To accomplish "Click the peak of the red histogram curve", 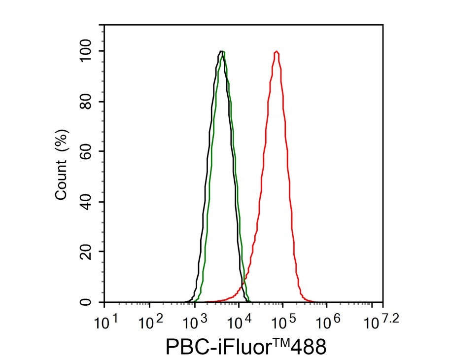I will pos(277,52).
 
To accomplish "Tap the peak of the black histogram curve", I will pos(220,52).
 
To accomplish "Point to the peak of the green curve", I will pos(224,52).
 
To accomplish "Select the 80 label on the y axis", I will pos(90,102).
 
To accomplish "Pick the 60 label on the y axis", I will pos(90,152).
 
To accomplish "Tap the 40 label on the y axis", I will pos(90,202).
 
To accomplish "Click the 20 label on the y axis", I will pos(90,252).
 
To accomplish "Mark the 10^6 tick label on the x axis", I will pos(330,324).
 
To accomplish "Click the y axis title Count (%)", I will pos(62,164).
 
